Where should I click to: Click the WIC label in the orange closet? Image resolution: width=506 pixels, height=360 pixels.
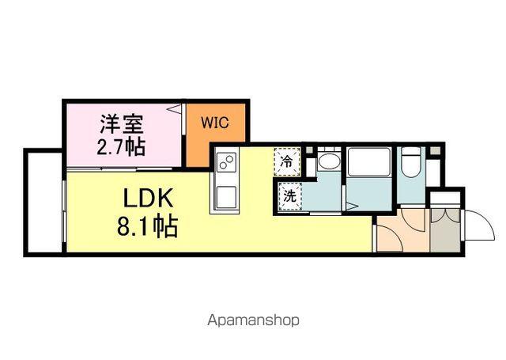(215, 123)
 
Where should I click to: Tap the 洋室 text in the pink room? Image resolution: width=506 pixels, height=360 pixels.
(120, 125)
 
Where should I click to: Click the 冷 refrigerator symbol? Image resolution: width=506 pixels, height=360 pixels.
(288, 162)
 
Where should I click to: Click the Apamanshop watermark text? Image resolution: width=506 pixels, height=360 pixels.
(252, 321)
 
